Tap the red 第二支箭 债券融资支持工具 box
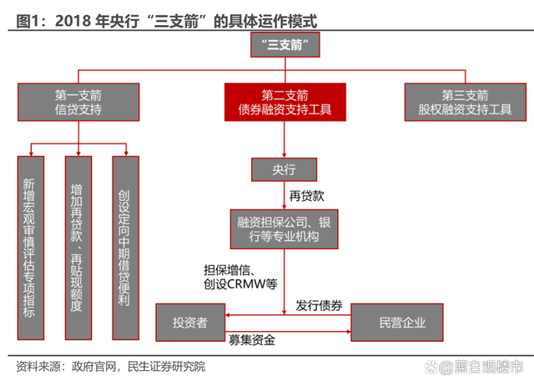point(285,101)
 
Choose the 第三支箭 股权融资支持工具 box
point(465,101)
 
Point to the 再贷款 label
point(306,196)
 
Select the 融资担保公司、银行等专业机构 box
point(285,228)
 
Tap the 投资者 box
point(191,322)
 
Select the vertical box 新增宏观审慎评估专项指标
point(31,246)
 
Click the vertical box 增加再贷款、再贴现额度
point(78,246)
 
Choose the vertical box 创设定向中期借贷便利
point(124,246)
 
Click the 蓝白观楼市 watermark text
point(488,367)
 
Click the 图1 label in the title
point(31,17)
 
